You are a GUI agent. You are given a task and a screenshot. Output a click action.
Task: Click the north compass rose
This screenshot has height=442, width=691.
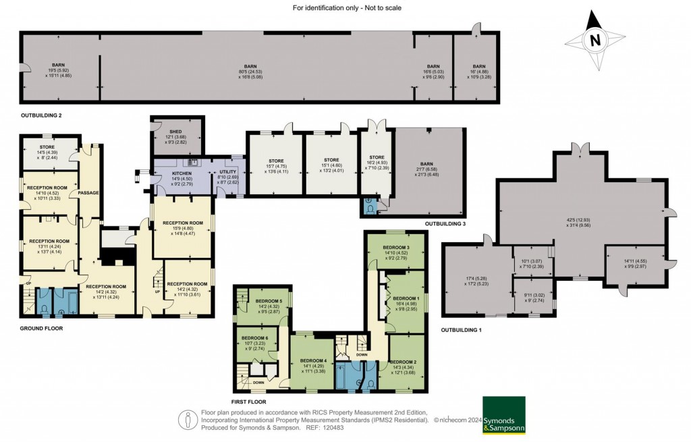pyautogui.click(x=595, y=41)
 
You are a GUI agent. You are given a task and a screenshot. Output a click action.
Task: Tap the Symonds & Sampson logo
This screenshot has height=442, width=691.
pyautogui.click(x=503, y=415)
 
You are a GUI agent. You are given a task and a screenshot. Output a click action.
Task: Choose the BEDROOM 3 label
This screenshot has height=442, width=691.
pyautogui.click(x=396, y=248)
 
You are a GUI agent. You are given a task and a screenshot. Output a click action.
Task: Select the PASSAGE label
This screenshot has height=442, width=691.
pyautogui.click(x=88, y=193)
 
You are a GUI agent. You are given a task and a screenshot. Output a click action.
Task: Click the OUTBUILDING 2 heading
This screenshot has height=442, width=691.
pyautogui.click(x=41, y=115)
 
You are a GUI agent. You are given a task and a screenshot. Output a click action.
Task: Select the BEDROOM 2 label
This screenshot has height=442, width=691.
pyautogui.click(x=404, y=362)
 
